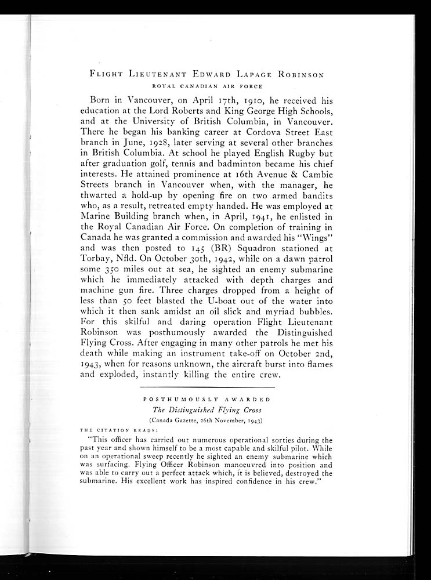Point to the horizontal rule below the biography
coord(207,387)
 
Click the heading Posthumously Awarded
coord(207,400)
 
